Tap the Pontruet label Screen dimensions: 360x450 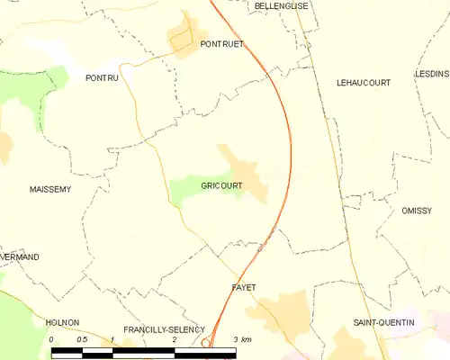pyautogui.click(x=222, y=43)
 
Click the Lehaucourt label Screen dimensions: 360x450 pyautogui.click(x=363, y=82)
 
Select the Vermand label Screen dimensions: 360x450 pyautogui.click(x=20, y=257)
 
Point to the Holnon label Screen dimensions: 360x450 pyautogui.click(x=63, y=321)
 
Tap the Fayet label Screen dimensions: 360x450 pyautogui.click(x=244, y=287)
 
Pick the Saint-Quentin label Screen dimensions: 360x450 pyautogui.click(x=383, y=322)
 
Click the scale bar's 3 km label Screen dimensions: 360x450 pyautogui.click(x=241, y=339)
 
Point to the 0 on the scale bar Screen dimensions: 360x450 pyautogui.click(x=52, y=339)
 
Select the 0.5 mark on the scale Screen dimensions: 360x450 pyautogui.click(x=82, y=339)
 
